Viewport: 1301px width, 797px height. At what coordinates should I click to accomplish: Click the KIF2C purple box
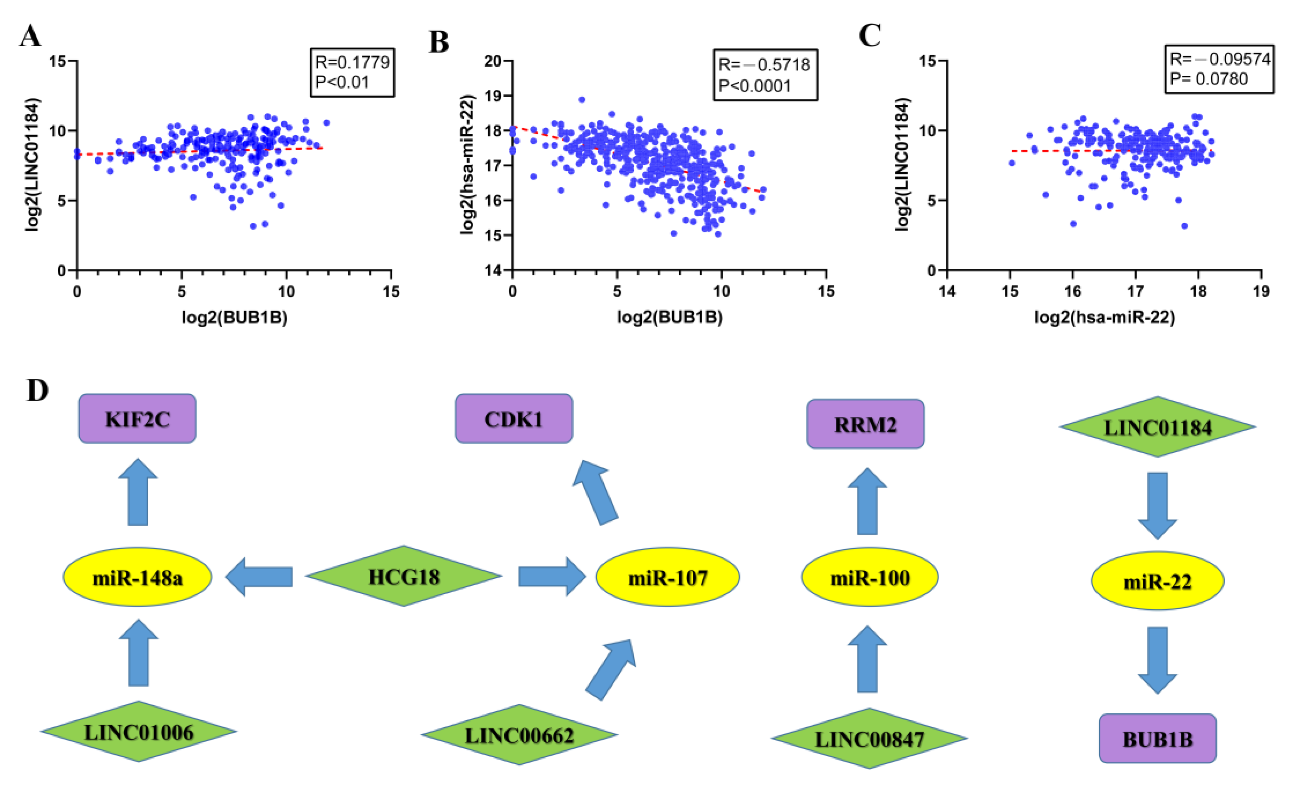point(137,419)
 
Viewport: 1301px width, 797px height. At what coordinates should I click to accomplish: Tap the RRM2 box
point(865,424)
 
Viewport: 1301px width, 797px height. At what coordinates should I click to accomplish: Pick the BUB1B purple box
point(1157,738)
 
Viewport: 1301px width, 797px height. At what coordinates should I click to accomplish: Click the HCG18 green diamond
point(404,576)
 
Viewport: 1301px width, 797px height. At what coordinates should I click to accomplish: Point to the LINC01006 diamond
point(138,731)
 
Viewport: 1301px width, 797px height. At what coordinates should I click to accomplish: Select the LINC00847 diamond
point(869,738)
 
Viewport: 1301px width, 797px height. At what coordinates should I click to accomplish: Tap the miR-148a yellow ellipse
point(137,577)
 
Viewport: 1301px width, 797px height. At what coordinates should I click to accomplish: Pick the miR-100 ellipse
point(870,577)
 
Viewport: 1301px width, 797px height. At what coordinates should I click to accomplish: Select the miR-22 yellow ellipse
point(1157,581)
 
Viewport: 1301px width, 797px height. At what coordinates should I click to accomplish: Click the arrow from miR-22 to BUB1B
point(1157,660)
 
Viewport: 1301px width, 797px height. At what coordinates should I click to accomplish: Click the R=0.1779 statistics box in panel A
point(352,72)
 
